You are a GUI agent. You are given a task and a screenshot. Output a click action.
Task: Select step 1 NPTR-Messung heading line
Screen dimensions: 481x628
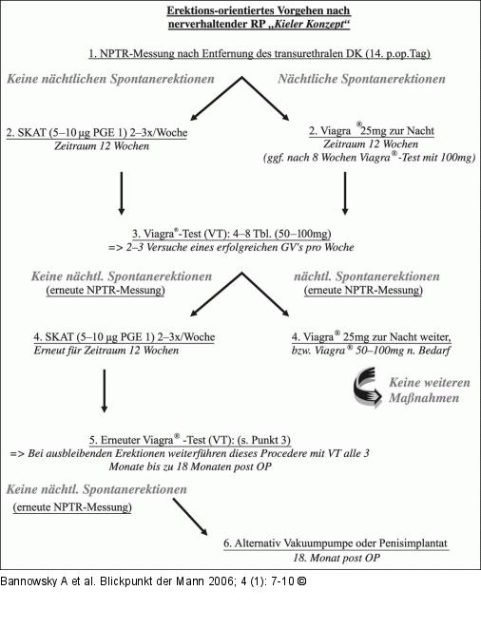(x=260, y=53)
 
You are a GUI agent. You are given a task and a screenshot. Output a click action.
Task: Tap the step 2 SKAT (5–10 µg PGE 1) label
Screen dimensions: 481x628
(x=97, y=133)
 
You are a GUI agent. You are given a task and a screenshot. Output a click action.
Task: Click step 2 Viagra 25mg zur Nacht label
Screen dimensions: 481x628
(x=372, y=130)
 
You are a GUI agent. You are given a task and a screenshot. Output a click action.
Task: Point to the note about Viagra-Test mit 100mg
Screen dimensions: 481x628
(x=369, y=158)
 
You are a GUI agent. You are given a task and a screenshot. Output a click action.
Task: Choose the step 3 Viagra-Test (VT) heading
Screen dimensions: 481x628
(x=232, y=234)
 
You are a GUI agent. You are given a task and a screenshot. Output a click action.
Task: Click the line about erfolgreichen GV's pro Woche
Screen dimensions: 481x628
(x=231, y=247)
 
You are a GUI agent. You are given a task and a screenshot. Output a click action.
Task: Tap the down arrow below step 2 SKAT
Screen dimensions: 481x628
(x=122, y=194)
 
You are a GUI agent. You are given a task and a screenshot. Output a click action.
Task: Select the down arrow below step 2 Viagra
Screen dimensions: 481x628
(x=345, y=194)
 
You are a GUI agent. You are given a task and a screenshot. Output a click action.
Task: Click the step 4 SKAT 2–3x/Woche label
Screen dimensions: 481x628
(x=125, y=337)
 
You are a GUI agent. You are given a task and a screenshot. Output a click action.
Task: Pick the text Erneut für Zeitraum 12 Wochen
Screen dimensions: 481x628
(x=106, y=351)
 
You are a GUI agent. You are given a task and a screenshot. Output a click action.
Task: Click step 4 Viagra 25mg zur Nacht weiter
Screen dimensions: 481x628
(x=371, y=337)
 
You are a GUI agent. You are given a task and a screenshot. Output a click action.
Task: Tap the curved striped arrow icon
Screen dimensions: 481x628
(x=367, y=388)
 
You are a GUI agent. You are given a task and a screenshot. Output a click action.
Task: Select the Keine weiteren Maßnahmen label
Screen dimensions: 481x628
(x=430, y=390)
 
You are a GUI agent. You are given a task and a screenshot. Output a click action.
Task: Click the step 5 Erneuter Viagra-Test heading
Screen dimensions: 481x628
(x=190, y=440)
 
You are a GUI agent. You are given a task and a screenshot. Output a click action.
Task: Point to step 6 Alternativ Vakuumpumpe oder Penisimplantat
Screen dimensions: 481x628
(x=336, y=543)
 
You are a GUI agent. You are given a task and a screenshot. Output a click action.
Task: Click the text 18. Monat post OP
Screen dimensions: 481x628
(x=337, y=558)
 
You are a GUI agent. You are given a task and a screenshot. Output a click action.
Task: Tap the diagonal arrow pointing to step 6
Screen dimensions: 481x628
(x=190, y=517)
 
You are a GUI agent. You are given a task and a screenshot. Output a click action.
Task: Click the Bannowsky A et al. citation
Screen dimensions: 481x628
(x=153, y=581)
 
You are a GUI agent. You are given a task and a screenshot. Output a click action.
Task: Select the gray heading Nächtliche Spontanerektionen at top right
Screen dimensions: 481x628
(x=361, y=79)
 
